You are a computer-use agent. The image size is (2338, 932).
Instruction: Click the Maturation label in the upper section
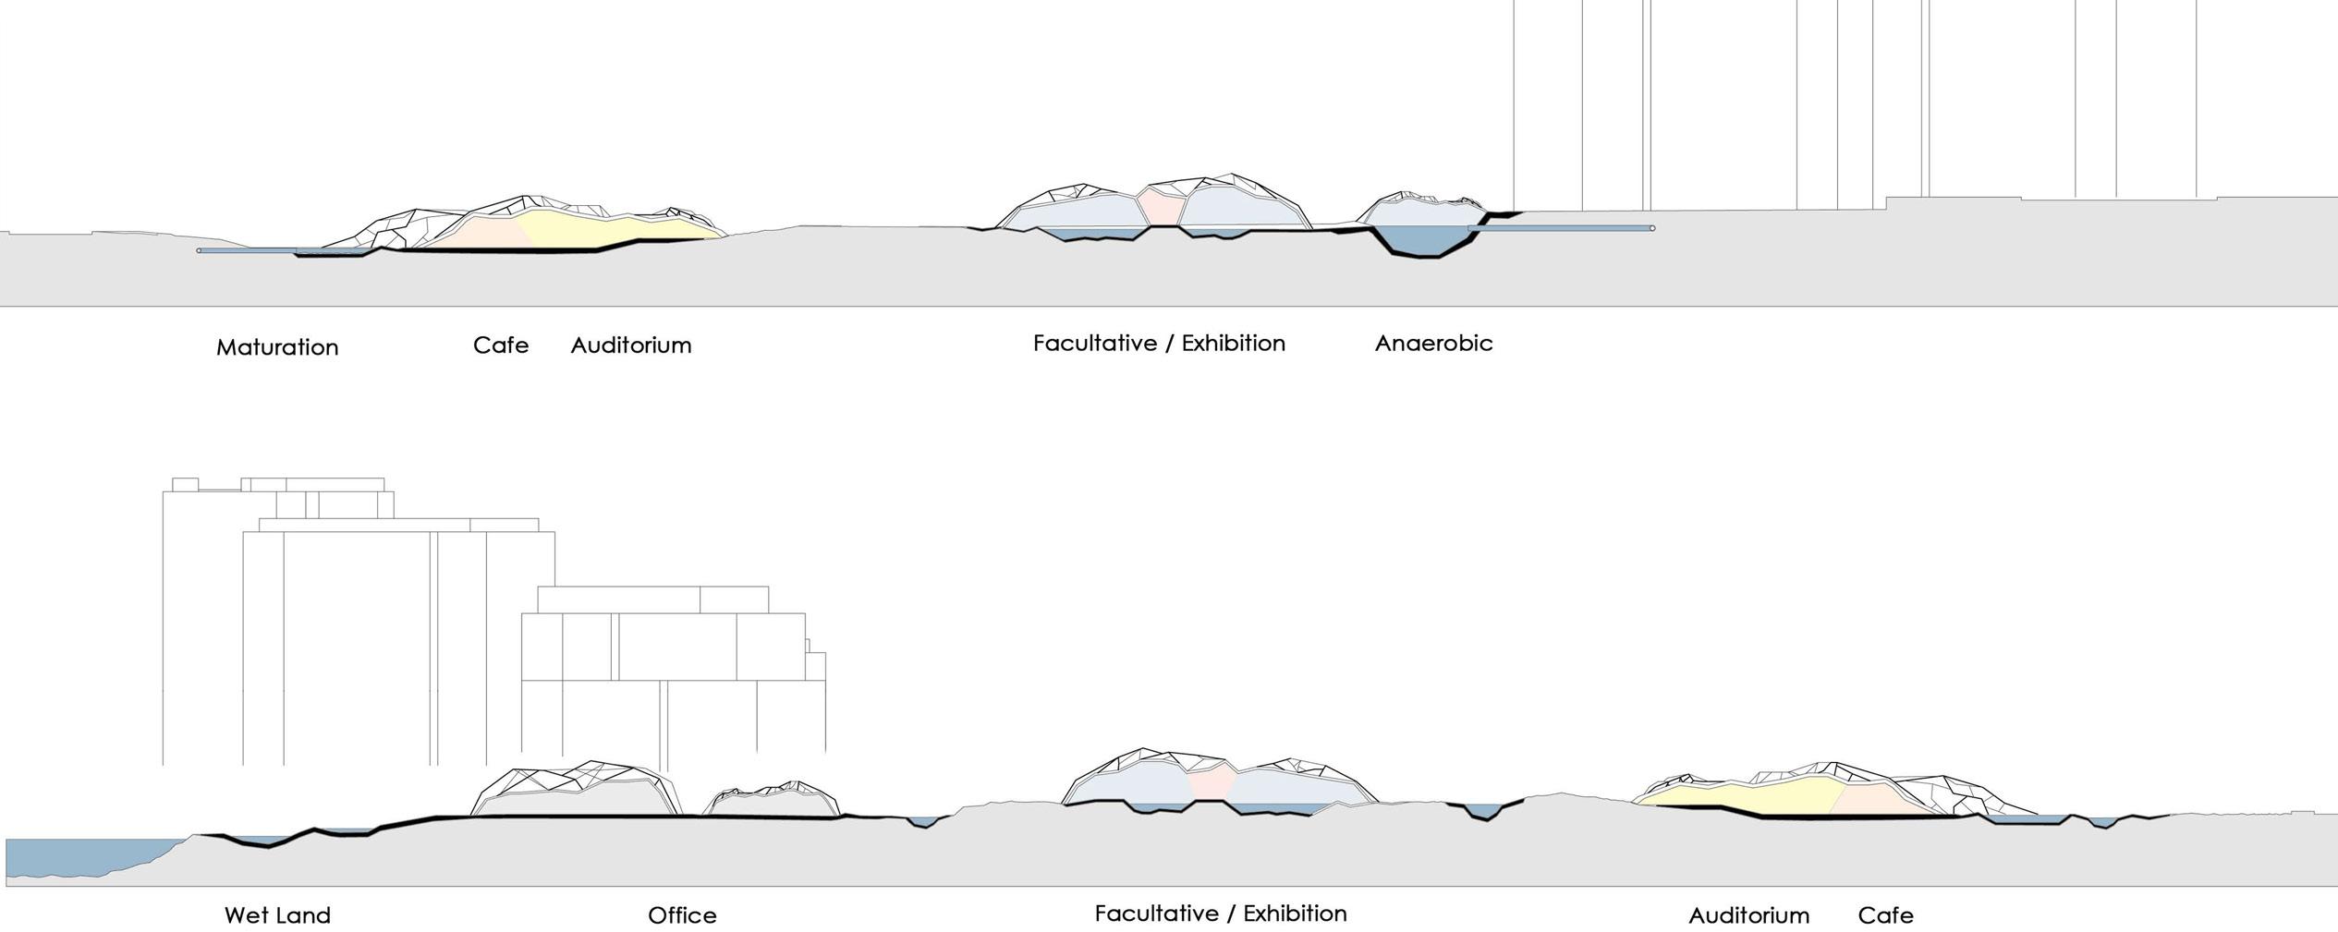[x=277, y=347]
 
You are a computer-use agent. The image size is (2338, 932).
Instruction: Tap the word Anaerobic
[x=1433, y=344]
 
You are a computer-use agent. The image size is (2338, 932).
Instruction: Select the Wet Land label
[x=277, y=915]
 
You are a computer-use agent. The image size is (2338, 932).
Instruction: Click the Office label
[x=682, y=915]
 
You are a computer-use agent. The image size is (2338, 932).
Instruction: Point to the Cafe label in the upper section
[x=501, y=345]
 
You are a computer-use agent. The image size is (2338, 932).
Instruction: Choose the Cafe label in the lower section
[x=1885, y=915]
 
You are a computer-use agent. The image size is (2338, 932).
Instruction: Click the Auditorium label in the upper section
[x=631, y=345]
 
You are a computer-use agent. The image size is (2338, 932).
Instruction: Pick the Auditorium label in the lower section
[x=1748, y=915]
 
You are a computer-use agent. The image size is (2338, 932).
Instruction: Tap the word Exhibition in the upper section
[x=1234, y=344]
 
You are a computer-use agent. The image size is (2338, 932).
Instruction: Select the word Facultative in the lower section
[x=1156, y=914]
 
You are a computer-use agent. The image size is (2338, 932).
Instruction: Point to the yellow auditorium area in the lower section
[x=1756, y=796]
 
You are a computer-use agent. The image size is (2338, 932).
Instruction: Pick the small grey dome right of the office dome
[x=772, y=804]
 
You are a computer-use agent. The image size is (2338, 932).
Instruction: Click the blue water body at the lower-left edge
[x=83, y=857]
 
